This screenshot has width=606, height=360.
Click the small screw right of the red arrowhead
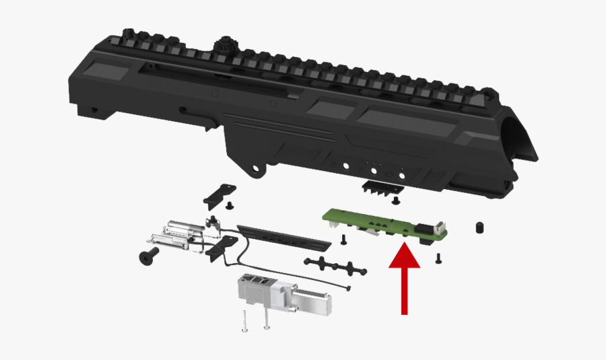pos(438,256)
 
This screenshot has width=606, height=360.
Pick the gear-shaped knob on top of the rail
pos(222,47)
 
